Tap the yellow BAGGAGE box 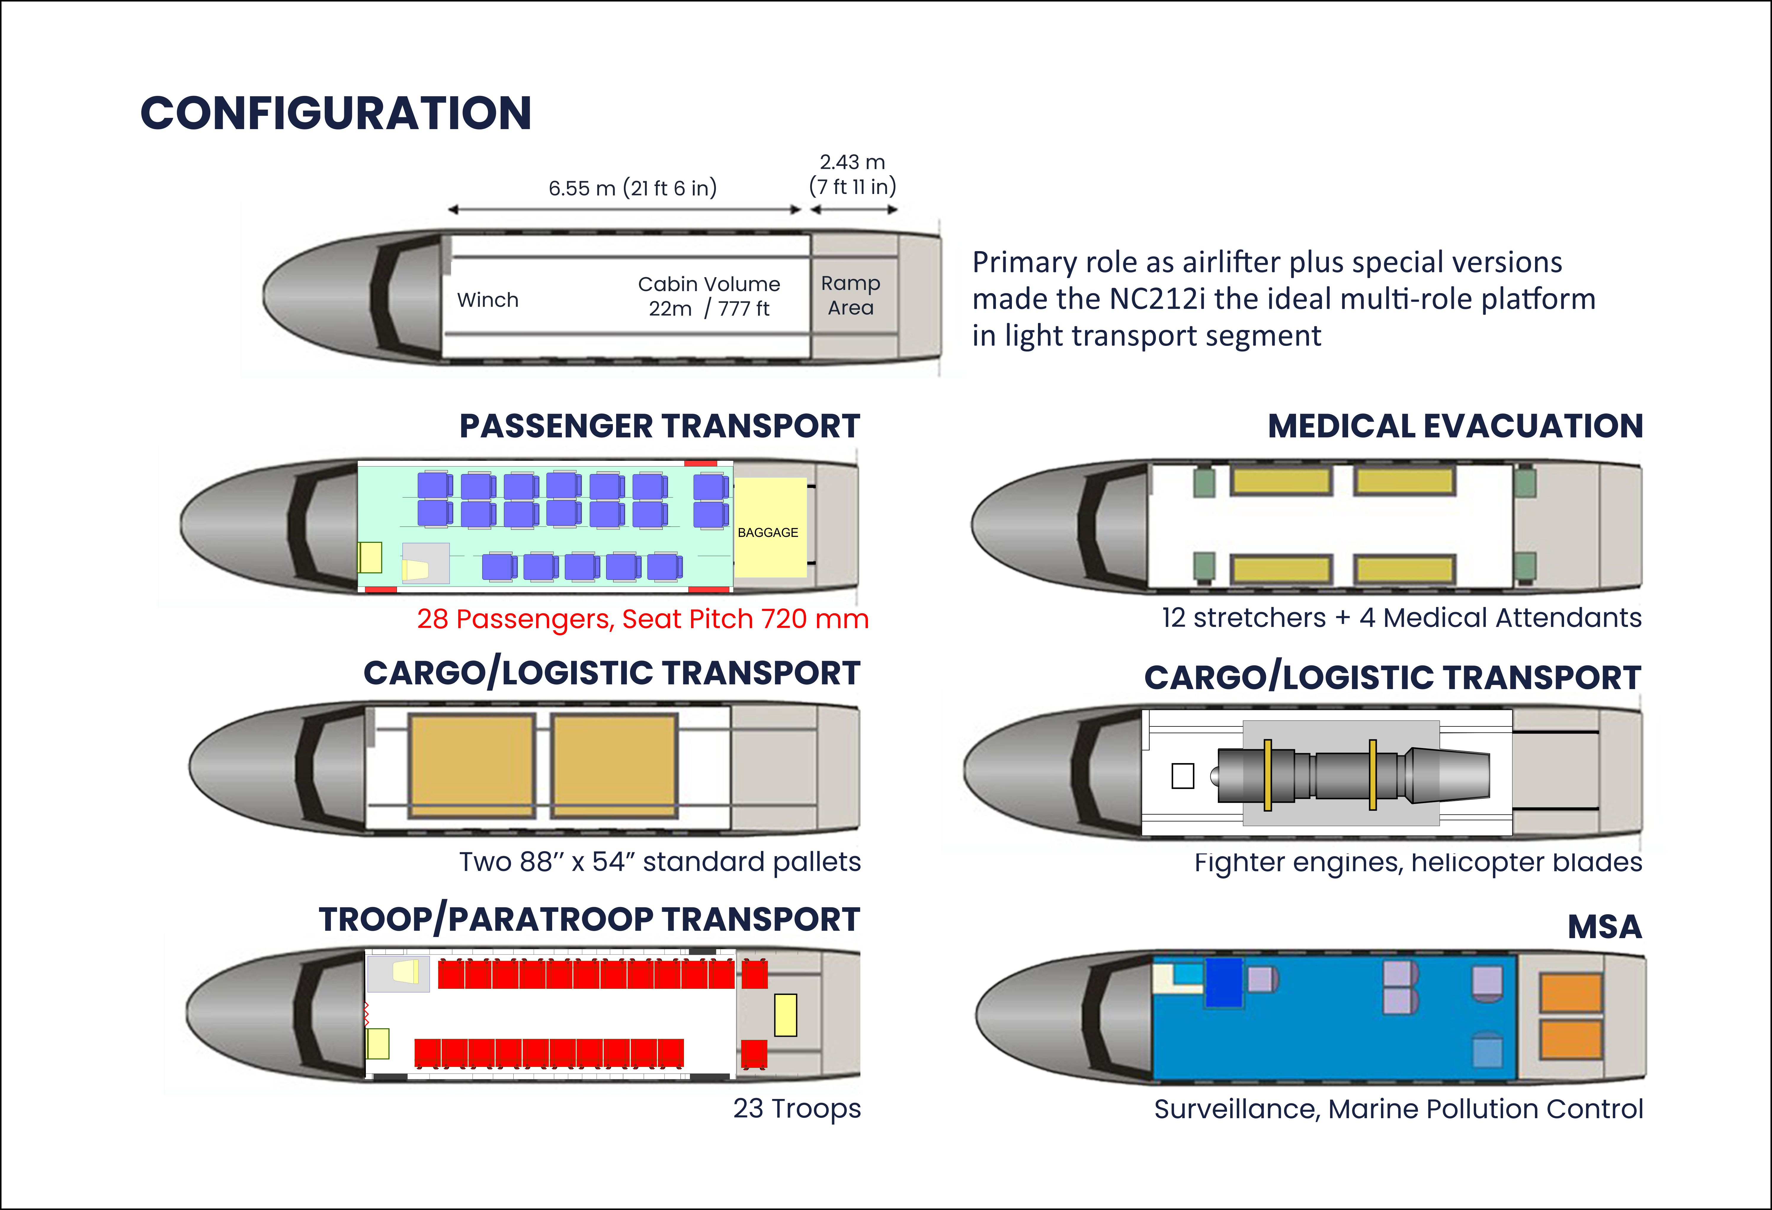point(769,528)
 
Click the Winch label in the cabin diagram point(488,300)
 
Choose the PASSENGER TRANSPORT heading point(660,426)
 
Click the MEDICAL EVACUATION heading point(1455,426)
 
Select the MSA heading point(1604,926)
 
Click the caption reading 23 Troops point(797,1108)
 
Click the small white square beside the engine point(1183,775)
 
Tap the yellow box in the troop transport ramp point(785,1015)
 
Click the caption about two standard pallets point(660,861)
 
